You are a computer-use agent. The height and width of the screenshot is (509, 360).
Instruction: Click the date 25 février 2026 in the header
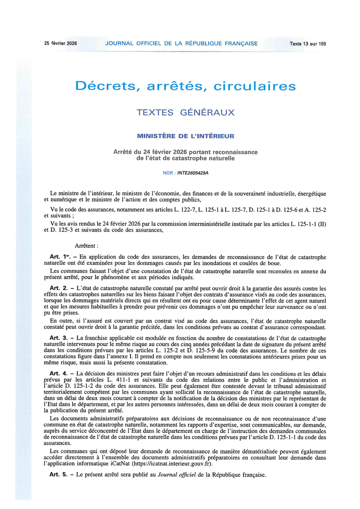60,44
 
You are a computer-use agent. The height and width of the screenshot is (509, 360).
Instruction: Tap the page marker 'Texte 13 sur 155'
308,44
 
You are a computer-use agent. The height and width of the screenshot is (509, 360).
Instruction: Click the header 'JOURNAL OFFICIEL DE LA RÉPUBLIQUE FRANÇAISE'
181,44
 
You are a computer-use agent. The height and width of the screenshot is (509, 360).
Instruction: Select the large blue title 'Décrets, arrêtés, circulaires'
186,86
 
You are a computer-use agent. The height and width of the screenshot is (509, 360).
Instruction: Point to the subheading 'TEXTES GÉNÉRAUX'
186,112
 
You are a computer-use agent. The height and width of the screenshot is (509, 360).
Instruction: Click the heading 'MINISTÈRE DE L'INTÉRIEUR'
186,136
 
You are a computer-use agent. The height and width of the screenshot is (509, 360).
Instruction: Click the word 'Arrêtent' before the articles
86,246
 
